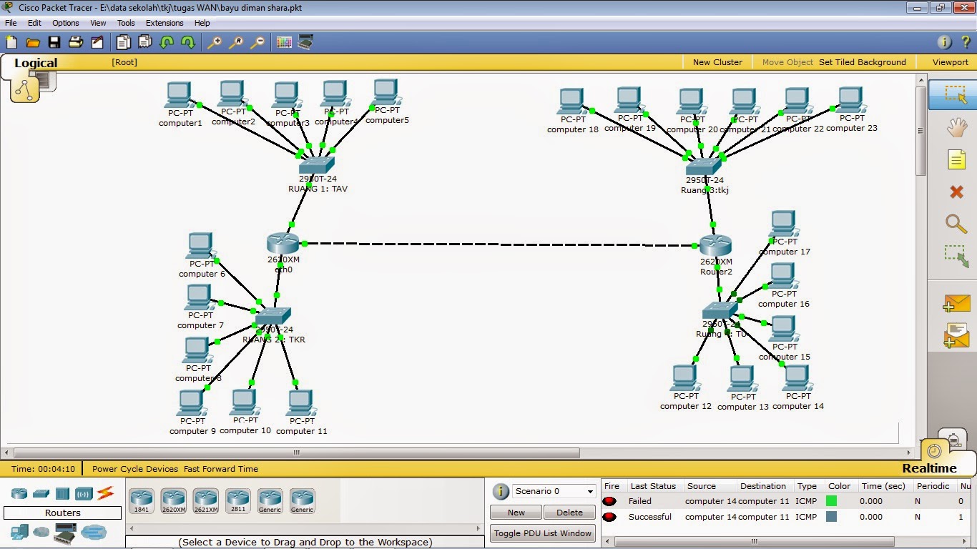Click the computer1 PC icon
(x=178, y=94)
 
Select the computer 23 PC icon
(x=850, y=100)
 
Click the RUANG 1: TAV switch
(x=316, y=165)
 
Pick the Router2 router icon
(x=715, y=246)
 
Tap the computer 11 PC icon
(x=301, y=403)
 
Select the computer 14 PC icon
(x=796, y=378)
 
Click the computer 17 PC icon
(x=783, y=223)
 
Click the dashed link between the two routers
(x=501, y=244)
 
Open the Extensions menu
(x=165, y=23)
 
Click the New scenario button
(x=516, y=513)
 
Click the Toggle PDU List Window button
(x=542, y=533)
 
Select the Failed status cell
(x=640, y=501)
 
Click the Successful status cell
(x=649, y=517)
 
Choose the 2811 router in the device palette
(x=238, y=500)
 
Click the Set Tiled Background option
(x=862, y=62)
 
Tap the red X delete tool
(x=956, y=192)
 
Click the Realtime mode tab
(x=929, y=468)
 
